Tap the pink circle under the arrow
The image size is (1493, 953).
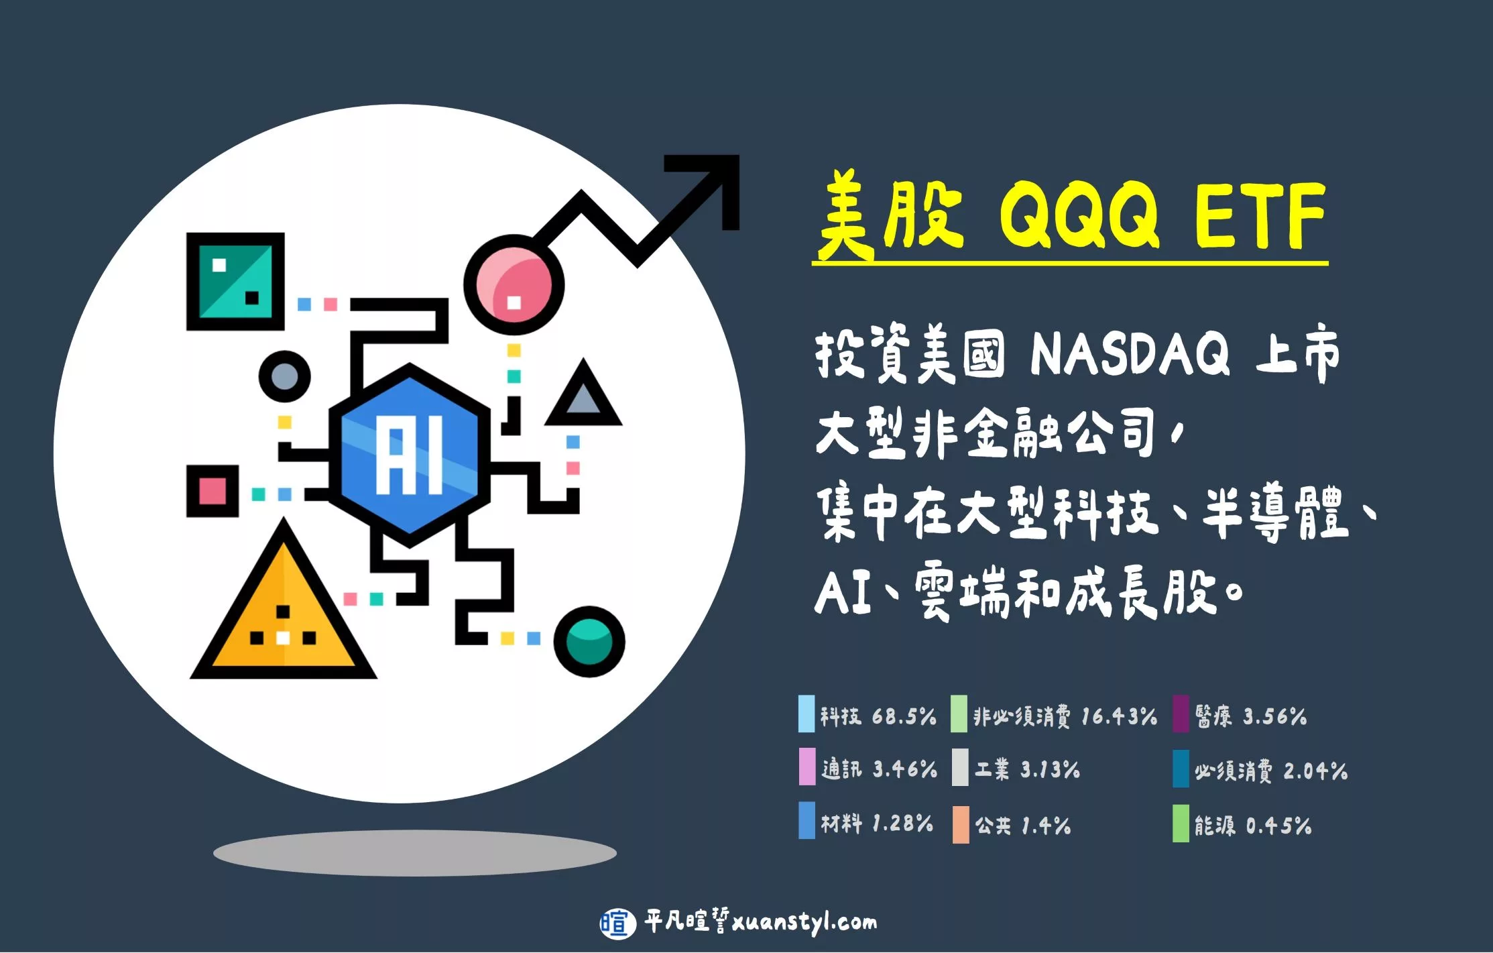point(514,285)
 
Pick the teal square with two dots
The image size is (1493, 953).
point(235,281)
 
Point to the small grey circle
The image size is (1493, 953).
point(284,376)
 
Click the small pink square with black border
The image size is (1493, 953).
point(213,491)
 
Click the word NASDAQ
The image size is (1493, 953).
point(1130,353)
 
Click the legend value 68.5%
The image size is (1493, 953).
point(904,716)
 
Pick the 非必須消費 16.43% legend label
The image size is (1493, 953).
point(1065,716)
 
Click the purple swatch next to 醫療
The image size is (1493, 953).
point(1181,714)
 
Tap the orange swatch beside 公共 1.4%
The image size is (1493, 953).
point(961,824)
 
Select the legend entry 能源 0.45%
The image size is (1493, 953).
point(1252,825)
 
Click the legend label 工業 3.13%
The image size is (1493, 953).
point(1027,769)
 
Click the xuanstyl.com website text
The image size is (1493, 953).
point(804,923)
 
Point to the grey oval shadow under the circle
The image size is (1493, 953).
point(415,853)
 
